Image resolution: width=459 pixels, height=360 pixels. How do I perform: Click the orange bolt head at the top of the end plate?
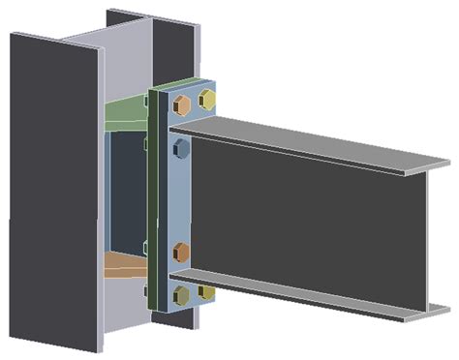click(182, 102)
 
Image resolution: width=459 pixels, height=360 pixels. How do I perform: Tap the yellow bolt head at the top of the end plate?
click(206, 98)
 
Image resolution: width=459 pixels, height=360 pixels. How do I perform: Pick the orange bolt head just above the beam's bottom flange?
click(181, 254)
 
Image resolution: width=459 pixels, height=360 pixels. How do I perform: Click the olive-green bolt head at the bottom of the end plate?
click(181, 294)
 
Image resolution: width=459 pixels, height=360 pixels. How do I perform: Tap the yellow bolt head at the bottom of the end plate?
click(205, 290)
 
